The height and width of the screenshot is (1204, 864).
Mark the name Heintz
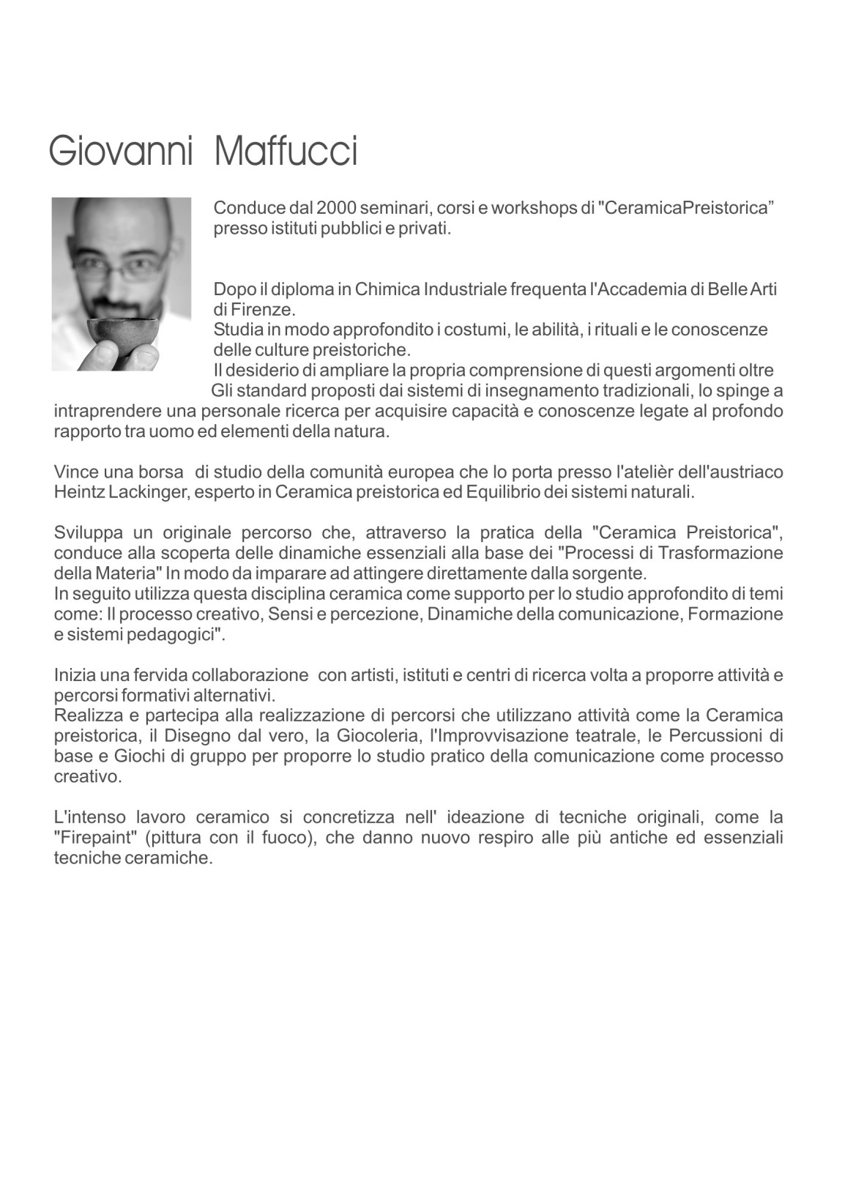[80, 491]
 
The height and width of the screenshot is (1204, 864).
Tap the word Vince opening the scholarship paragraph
[75, 471]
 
